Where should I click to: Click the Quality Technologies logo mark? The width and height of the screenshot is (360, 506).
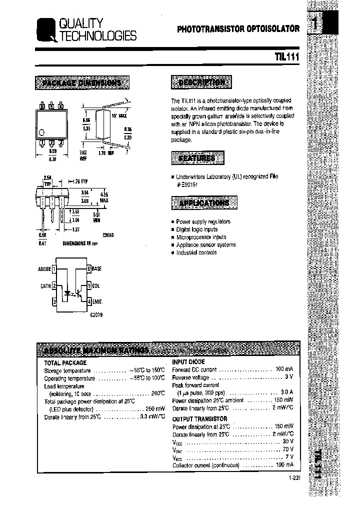pos(46,30)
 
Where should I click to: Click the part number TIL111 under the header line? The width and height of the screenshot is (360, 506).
pos(286,57)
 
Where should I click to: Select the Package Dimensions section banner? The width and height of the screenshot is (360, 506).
pos(82,82)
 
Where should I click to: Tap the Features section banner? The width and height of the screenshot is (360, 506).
pos(197,158)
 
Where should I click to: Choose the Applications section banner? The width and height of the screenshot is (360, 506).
pos(204,203)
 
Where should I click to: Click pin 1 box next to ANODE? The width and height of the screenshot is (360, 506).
pos(54,269)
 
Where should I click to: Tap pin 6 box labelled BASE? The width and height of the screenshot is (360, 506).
pos(89,269)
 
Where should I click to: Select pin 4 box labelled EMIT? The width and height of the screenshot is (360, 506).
pos(89,301)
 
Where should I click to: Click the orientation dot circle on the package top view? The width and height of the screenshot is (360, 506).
pos(42,132)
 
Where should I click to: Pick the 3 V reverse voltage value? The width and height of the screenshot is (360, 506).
pos(289,377)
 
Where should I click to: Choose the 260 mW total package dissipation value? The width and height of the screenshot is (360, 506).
pos(153,409)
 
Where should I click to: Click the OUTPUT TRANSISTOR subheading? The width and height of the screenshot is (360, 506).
pos(199,418)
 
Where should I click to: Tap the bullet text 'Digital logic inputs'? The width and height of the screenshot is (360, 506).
pos(196,229)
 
